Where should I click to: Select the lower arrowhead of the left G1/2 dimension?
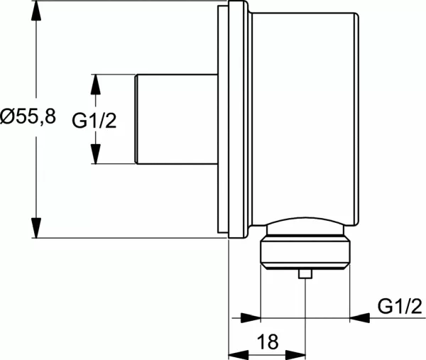[x=98, y=158]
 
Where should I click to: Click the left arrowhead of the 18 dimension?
[x=236, y=353]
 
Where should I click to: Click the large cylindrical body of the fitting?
[x=302, y=114]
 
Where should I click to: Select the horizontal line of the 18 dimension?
[x=266, y=353]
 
